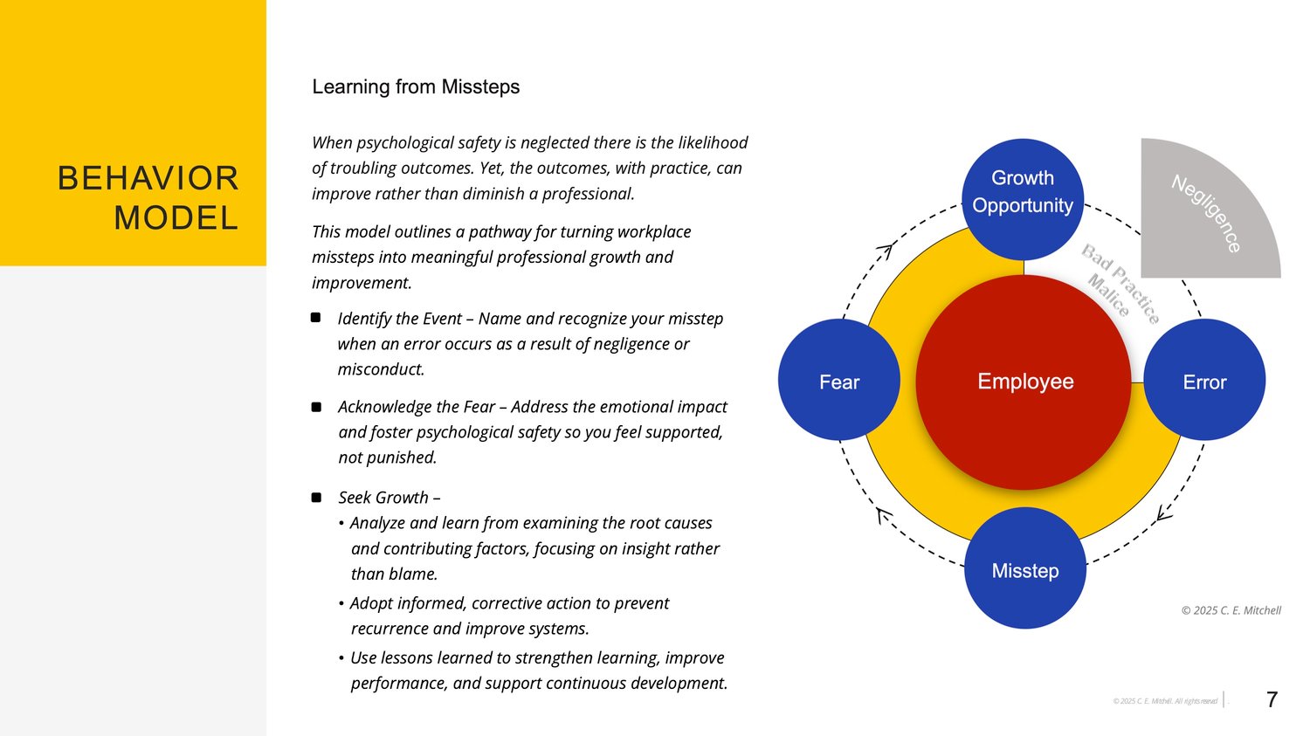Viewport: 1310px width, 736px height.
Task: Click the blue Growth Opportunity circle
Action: tap(1023, 199)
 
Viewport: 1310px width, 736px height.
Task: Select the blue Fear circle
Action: tap(838, 380)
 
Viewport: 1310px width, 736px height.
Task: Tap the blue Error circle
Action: tap(1204, 380)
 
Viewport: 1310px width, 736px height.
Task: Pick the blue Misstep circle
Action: tap(1025, 568)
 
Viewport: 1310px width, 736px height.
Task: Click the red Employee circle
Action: tap(1024, 382)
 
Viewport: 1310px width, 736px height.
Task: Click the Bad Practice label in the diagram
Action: tap(1120, 284)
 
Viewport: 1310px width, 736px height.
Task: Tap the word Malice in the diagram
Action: tap(1108, 295)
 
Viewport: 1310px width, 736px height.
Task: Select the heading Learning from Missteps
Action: tap(416, 86)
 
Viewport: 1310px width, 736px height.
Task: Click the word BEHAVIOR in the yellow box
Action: tap(148, 178)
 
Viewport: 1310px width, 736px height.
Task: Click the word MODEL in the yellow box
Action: tap(176, 217)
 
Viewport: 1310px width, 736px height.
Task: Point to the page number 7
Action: tap(1272, 699)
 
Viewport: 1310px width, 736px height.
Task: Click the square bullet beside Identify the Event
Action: tap(315, 318)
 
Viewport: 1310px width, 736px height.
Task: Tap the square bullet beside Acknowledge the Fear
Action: tap(316, 407)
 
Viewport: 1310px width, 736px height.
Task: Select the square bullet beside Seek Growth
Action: tap(316, 498)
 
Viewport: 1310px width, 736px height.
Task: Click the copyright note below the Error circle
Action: tap(1231, 610)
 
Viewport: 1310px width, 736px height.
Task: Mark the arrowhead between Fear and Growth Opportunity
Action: tap(886, 251)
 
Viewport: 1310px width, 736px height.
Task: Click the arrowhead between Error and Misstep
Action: tap(1163, 514)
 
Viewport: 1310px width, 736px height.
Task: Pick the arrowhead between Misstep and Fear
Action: tap(884, 515)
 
